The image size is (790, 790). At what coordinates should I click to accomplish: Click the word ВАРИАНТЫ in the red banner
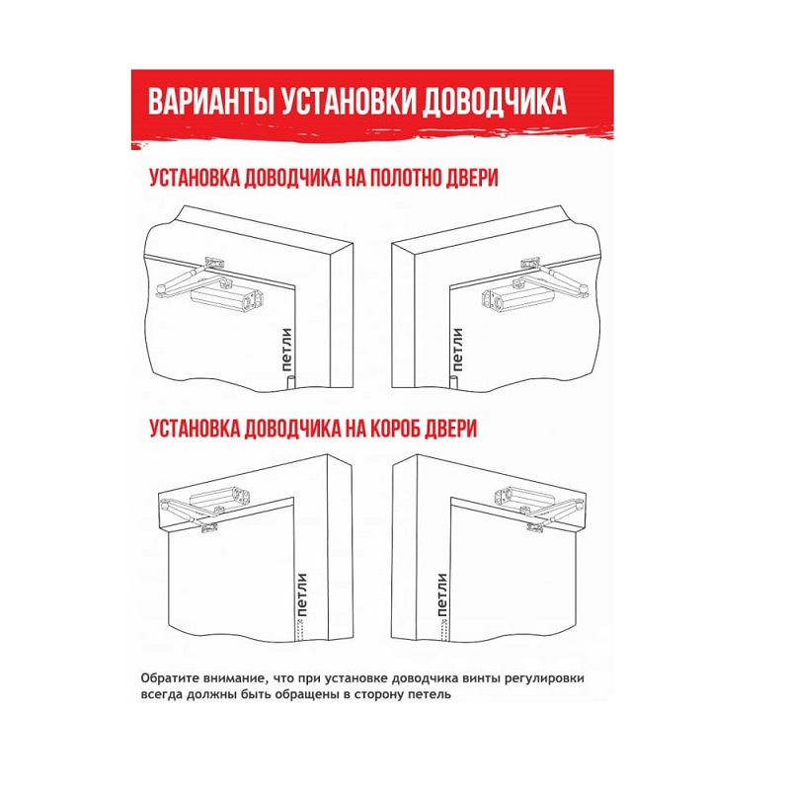211,103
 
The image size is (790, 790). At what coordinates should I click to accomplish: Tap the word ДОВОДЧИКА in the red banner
494,103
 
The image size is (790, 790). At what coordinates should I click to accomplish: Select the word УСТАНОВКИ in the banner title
349,103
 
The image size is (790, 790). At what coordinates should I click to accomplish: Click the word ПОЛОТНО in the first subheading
405,178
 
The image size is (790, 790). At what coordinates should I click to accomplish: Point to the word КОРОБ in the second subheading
395,429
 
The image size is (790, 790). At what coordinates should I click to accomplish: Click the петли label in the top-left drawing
286,350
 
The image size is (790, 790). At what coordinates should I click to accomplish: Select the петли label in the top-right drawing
457,350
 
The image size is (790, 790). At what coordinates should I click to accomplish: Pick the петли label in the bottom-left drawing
301,595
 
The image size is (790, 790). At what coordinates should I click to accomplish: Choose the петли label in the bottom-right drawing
441,595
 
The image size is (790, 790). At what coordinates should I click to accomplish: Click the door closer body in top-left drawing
228,298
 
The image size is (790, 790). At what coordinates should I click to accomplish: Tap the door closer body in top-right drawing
519,298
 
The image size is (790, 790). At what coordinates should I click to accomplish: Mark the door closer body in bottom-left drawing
219,497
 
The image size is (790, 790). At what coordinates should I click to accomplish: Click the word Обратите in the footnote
165,678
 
